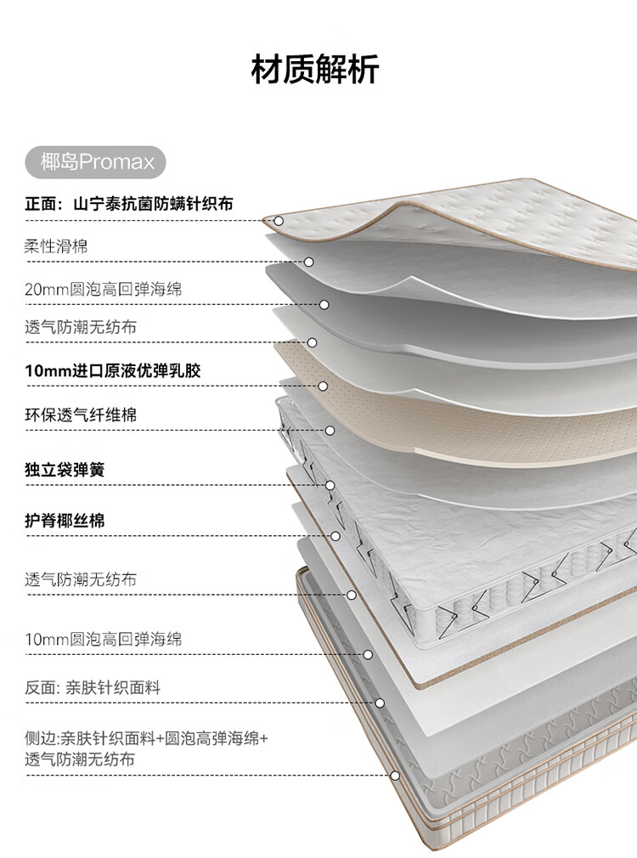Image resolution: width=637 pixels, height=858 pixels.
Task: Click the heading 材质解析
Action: (x=315, y=70)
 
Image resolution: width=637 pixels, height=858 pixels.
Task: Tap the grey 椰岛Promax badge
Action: (x=95, y=162)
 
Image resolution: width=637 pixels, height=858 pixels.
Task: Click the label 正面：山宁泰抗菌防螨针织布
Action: (x=129, y=204)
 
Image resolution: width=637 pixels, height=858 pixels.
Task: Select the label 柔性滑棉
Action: (x=56, y=246)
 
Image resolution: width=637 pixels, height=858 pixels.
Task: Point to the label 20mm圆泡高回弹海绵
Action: (x=104, y=289)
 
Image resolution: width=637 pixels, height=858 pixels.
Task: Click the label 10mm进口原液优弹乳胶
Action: (x=113, y=370)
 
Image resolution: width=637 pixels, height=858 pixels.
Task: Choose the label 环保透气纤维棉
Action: (x=81, y=415)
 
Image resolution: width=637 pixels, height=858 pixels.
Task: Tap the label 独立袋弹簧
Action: (x=65, y=470)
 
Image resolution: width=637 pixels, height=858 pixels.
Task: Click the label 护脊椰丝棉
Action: (x=65, y=521)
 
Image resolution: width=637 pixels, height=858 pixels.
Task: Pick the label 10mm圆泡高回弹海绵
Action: (x=104, y=639)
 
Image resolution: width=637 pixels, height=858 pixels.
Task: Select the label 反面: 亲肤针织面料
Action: (x=93, y=687)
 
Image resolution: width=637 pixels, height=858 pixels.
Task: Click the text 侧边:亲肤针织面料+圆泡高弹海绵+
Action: (x=147, y=738)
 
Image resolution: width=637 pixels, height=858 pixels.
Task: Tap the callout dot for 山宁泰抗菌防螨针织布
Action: (x=279, y=221)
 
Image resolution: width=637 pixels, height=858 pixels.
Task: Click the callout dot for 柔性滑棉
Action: (x=308, y=262)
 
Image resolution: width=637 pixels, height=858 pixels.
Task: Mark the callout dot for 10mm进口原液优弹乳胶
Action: (x=323, y=387)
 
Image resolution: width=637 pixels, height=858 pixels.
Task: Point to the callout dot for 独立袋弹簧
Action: (x=330, y=485)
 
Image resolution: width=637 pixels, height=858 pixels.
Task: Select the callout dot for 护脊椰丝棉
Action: (x=335, y=536)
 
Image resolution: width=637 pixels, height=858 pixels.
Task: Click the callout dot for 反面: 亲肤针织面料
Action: (x=380, y=703)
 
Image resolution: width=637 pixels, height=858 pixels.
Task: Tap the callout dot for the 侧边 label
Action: (x=395, y=776)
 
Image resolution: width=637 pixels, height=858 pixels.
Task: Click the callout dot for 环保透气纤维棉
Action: (x=330, y=431)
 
